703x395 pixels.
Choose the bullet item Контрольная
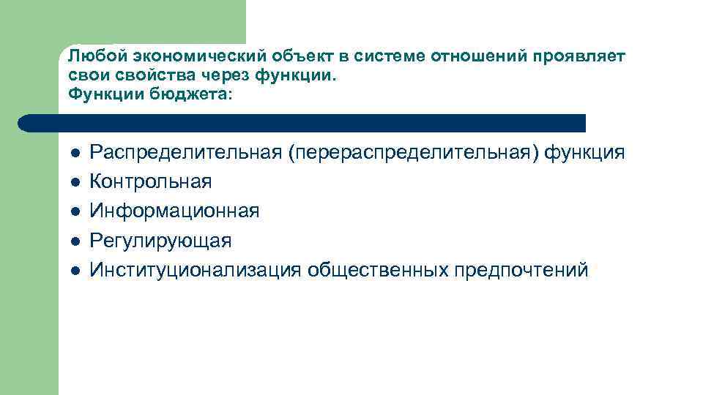coord(150,182)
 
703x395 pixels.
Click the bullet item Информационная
coord(174,211)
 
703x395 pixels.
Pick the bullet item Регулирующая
coord(160,241)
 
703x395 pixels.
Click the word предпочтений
coord(521,270)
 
